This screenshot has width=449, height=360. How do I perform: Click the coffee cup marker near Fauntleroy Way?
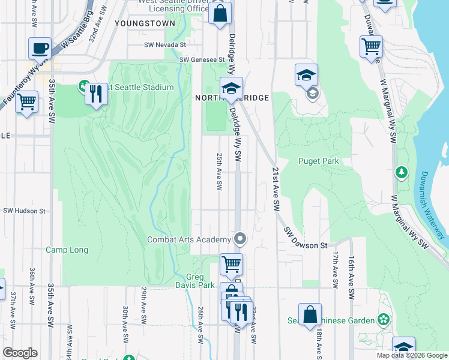click(41, 49)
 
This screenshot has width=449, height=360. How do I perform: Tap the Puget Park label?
click(319, 161)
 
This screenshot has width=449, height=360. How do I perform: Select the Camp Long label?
click(67, 250)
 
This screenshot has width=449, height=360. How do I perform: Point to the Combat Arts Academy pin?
click(240, 240)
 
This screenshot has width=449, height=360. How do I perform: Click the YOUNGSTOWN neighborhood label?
click(143, 23)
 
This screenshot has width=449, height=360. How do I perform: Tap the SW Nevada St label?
click(165, 45)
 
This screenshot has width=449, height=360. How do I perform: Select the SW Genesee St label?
click(202, 60)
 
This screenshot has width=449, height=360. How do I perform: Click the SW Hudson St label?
click(25, 211)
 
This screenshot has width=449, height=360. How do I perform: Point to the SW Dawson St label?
click(306, 239)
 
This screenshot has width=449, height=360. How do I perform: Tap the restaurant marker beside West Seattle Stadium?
click(95, 94)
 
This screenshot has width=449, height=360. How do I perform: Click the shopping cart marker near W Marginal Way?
click(372, 46)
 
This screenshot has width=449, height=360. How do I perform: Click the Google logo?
click(20, 353)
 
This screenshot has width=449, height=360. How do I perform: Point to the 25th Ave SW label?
click(219, 171)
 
